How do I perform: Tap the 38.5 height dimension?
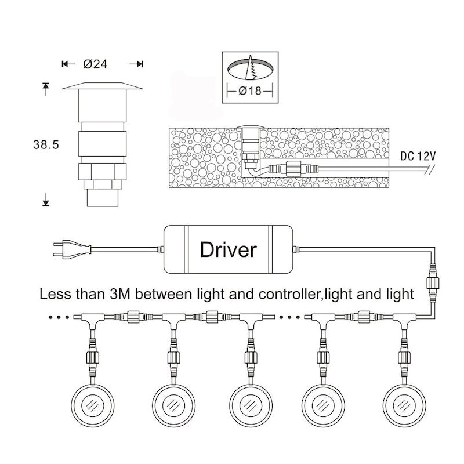47,144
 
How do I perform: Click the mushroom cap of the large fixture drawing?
102,87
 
